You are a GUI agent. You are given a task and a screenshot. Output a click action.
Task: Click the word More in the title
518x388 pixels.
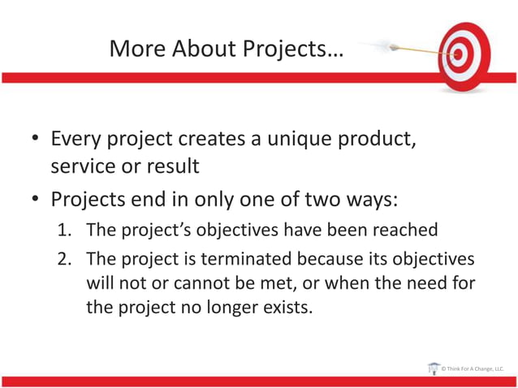136,50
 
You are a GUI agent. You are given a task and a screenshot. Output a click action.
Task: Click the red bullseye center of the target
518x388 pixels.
460,55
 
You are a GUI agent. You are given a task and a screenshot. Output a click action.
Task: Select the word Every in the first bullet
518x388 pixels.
76,139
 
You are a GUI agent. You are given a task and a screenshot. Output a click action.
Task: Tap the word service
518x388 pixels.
80,166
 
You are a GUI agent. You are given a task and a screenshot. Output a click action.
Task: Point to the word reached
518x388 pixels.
406,230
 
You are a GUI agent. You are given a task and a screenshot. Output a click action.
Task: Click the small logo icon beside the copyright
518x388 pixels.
433,368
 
